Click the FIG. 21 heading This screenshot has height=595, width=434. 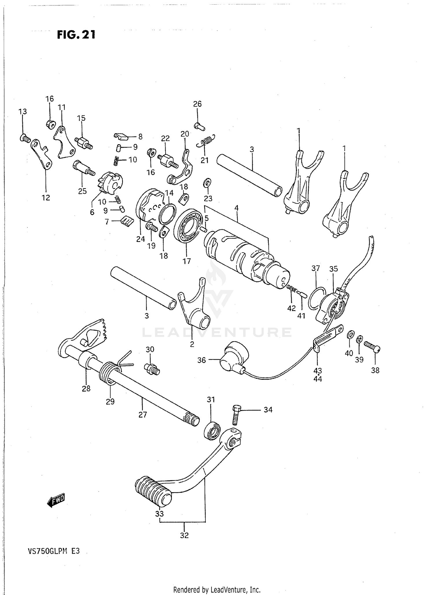coord(76,35)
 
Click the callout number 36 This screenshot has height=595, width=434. coord(201,360)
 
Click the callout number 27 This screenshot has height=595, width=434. coord(143,415)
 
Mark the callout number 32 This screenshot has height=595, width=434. coord(184,535)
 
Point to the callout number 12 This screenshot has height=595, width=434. coord(46,198)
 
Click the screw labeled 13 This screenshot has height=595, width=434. coord(25,138)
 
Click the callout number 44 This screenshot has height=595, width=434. coord(317,379)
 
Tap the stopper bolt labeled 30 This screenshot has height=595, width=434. coord(152,369)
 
